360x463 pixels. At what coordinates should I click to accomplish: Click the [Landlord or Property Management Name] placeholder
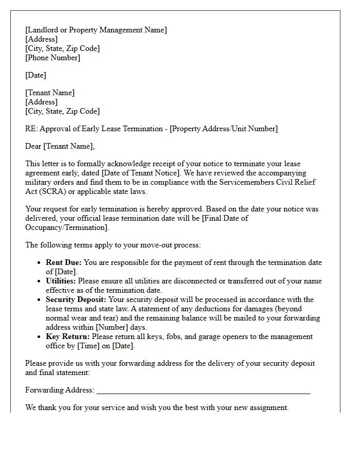pyautogui.click(x=96, y=30)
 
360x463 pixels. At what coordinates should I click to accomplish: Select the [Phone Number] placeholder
pyautogui.click(x=52, y=58)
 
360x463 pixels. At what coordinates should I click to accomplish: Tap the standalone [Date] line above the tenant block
pyautogui.click(x=35, y=75)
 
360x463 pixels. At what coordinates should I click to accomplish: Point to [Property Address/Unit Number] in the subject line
pyautogui.click(x=224, y=129)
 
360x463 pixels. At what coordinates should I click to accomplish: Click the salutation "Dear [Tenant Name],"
pyautogui.click(x=60, y=146)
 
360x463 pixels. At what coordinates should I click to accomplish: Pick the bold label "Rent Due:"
pyautogui.click(x=64, y=262)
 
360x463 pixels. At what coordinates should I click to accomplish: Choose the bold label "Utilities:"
pyautogui.click(x=61, y=281)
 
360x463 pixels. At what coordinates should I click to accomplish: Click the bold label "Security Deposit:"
pyautogui.click(x=76, y=299)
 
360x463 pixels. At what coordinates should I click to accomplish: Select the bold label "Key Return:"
pyautogui.click(x=67, y=336)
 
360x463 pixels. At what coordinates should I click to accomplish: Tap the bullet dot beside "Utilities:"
pyautogui.click(x=40, y=281)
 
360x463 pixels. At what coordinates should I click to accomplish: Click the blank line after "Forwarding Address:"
pyautogui.click(x=204, y=391)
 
